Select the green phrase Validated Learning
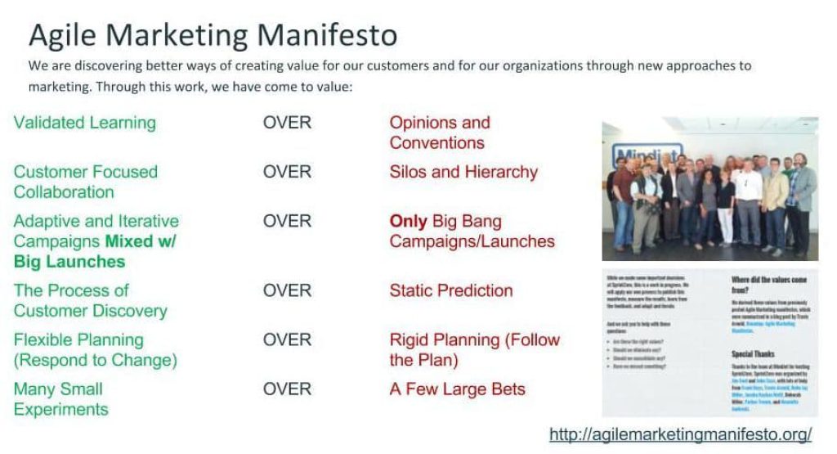point(84,123)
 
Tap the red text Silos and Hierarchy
point(463,172)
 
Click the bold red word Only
point(409,221)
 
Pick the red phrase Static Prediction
point(451,290)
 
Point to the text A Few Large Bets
point(457,389)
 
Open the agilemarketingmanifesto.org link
point(681,434)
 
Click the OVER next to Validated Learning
point(287,123)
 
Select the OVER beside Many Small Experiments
point(287,389)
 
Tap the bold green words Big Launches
point(69,262)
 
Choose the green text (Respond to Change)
point(95,360)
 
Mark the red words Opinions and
point(440,123)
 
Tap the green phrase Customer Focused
point(86,172)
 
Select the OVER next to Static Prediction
point(287,290)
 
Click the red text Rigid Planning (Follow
point(474,339)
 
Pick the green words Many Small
point(58,389)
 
